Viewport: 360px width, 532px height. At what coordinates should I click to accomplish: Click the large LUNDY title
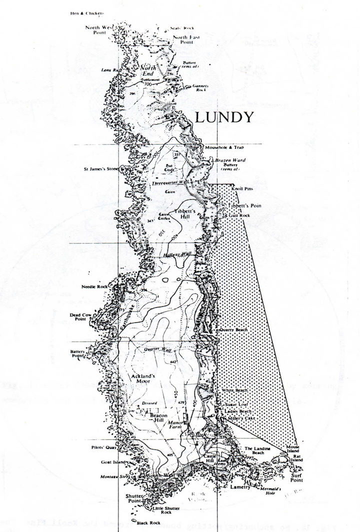click(x=223, y=118)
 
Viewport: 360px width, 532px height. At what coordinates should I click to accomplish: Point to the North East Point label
click(x=185, y=40)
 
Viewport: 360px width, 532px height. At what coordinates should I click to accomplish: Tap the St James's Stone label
click(x=101, y=169)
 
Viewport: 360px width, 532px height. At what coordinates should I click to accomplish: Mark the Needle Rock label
click(x=94, y=287)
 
